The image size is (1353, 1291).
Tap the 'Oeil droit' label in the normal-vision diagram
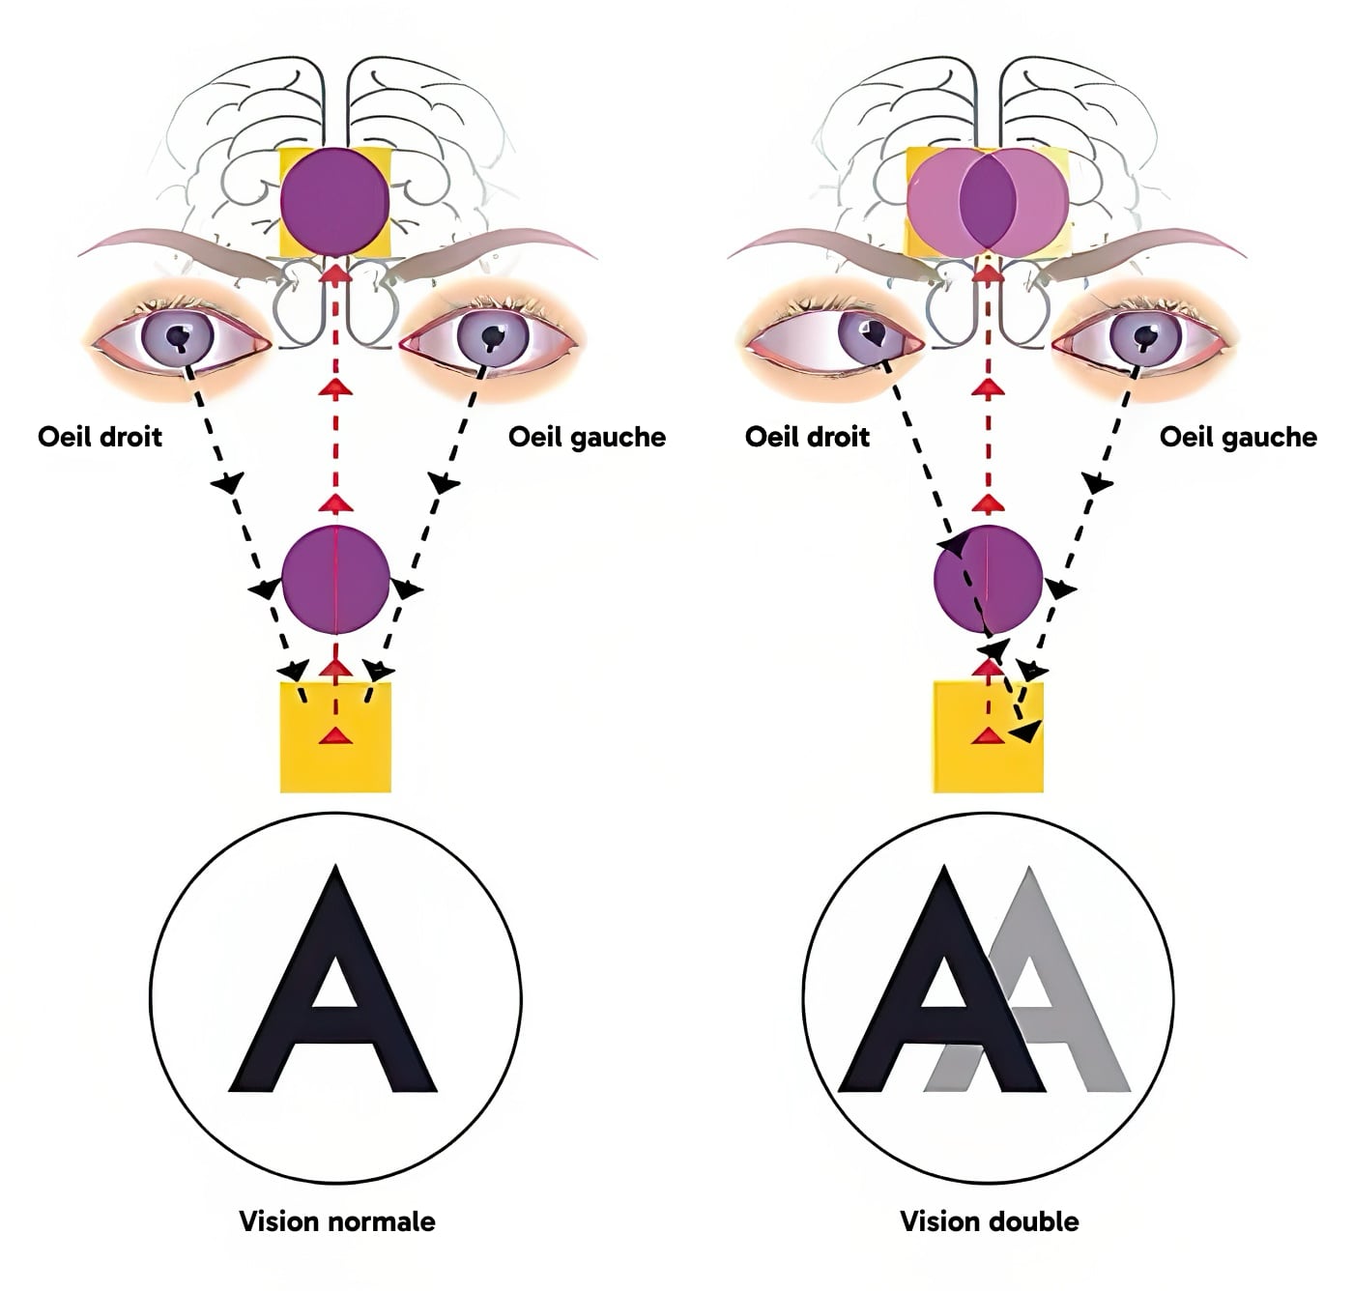(100, 437)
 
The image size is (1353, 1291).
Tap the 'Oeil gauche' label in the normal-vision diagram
(587, 438)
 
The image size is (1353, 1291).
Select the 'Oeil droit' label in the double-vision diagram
(807, 437)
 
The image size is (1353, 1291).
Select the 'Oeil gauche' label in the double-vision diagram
(1238, 438)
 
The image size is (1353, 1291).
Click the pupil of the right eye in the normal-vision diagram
(179, 336)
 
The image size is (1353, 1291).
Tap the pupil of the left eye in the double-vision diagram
(1146, 336)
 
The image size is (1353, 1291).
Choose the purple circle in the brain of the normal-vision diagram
(335, 202)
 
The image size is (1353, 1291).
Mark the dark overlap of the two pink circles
(988, 200)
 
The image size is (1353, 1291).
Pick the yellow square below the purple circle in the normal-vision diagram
(336, 737)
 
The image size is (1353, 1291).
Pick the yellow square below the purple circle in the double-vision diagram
(989, 737)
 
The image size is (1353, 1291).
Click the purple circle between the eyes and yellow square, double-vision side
(989, 580)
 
